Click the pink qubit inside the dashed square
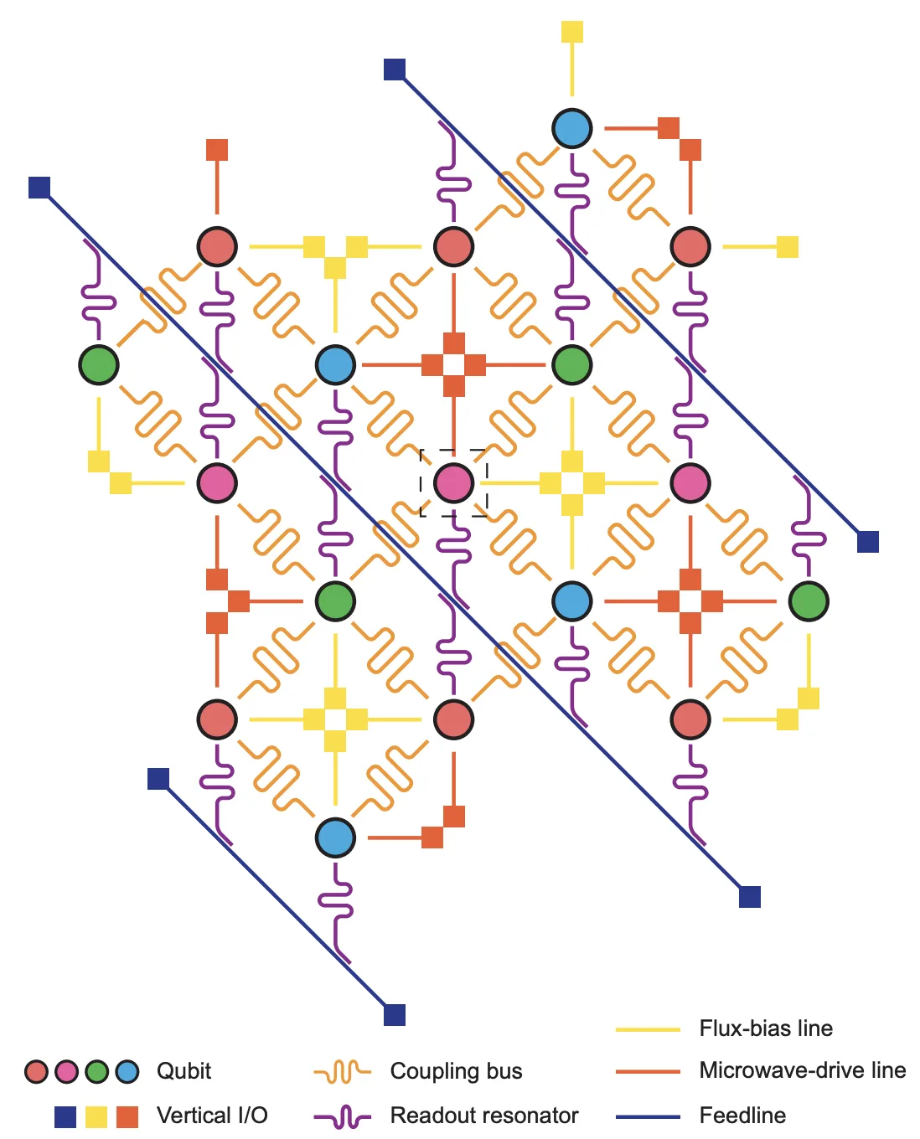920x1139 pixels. click(453, 483)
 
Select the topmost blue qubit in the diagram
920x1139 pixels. click(571, 128)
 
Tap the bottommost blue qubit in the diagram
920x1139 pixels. click(335, 837)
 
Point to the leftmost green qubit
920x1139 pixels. click(98, 364)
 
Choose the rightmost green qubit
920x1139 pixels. click(809, 601)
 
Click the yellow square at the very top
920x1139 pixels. click(571, 32)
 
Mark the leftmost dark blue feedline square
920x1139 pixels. click(39, 187)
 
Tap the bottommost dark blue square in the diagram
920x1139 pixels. click(395, 1015)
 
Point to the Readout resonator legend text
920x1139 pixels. click(484, 1116)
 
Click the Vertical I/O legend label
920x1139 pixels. click(212, 1116)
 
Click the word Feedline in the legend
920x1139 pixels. click(742, 1116)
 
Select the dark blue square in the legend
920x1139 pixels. click(65, 1117)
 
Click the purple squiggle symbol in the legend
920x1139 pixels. click(343, 1117)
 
